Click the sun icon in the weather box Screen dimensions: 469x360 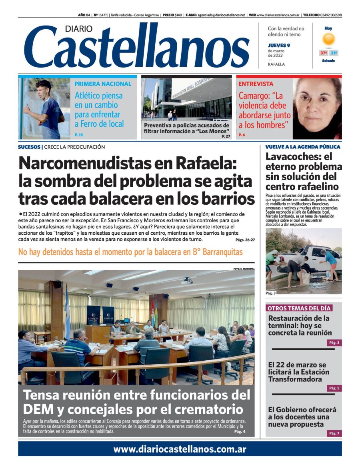tap(328, 40)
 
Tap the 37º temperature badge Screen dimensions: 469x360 tap(323, 53)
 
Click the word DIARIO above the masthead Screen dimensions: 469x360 tap(78, 29)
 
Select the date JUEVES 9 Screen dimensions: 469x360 tap(279, 45)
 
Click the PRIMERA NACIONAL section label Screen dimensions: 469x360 tap(103, 84)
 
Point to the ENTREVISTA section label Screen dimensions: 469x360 tap(256, 84)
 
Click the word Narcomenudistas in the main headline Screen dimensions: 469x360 tap(85, 164)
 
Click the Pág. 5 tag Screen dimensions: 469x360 tap(334, 388)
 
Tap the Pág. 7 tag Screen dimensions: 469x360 tap(334, 433)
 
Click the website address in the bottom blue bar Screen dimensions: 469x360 tap(180, 449)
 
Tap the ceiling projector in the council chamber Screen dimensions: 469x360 tap(187, 281)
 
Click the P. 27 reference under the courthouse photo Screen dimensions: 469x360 tap(226, 137)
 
